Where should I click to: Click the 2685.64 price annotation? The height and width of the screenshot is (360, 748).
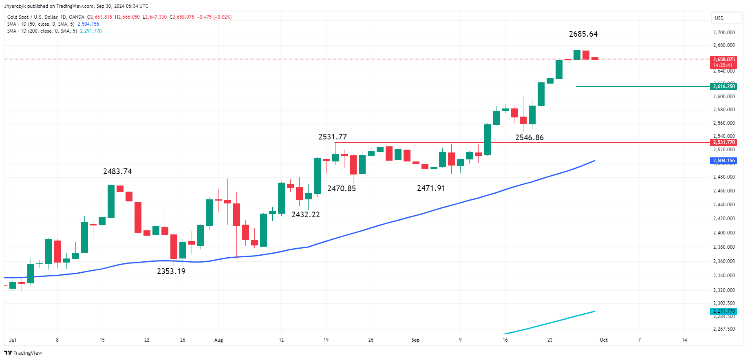pos(583,34)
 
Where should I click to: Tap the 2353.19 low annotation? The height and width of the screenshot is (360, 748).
pos(171,272)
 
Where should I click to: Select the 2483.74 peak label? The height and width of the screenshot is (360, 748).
pos(117,172)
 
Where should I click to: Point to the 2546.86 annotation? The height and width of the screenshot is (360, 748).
pos(529,138)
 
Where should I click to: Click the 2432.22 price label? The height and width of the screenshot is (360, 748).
pos(305,215)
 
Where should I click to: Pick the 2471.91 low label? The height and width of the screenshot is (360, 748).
pos(431,188)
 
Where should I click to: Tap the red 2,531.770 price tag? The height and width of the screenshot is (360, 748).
pos(724,142)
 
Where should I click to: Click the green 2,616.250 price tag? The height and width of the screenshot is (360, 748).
pos(724,86)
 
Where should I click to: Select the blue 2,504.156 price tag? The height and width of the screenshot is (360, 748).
pos(724,161)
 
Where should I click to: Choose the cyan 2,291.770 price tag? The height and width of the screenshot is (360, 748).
pos(724,311)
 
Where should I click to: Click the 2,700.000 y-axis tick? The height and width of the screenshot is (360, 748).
pos(724,33)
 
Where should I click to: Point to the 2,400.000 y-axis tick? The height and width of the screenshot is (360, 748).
pos(724,233)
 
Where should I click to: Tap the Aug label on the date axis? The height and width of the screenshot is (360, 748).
pos(218,340)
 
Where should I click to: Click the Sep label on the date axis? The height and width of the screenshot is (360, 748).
pos(415,340)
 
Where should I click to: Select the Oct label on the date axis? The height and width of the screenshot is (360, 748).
pos(603,340)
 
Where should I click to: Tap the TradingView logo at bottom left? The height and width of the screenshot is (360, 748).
pos(23,353)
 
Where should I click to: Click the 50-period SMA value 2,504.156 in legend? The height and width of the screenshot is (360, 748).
pos(88,24)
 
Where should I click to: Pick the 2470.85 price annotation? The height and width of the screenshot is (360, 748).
pos(341,189)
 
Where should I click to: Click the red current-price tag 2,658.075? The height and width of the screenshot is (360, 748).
pos(724,60)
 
